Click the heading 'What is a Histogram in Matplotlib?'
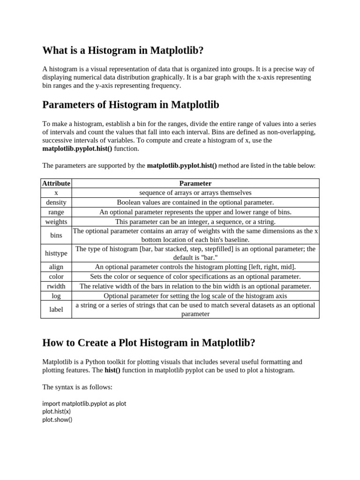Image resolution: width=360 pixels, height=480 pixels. coord(123,50)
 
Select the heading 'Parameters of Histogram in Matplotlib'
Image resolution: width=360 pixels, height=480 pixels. coord(131,104)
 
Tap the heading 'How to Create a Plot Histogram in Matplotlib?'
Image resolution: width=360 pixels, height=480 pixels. coord(149,343)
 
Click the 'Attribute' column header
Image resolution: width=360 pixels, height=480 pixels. coord(56,183)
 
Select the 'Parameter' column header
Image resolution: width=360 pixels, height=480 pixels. coord(195,183)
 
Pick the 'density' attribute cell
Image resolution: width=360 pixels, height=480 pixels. coord(56,202)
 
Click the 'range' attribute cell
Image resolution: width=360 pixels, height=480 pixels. coord(56,212)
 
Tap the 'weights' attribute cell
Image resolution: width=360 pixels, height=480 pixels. coord(56,222)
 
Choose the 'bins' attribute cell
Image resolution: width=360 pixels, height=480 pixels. coord(56,235)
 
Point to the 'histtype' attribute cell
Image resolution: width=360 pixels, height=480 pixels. coord(56,253)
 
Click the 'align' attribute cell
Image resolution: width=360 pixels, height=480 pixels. coord(56,267)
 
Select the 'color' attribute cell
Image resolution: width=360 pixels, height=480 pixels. coord(56,277)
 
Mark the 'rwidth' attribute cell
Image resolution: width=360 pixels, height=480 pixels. coord(56,286)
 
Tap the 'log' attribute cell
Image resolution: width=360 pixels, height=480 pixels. coord(56,296)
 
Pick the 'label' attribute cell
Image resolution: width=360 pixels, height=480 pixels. coord(56,309)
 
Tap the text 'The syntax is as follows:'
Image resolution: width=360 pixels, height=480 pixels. coord(77,387)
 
